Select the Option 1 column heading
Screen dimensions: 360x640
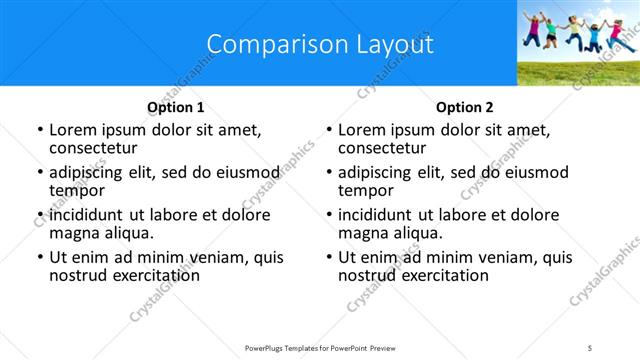(176, 107)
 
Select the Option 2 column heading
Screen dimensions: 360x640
(465, 107)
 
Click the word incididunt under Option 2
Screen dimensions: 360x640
(381, 214)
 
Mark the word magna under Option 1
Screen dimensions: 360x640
(73, 233)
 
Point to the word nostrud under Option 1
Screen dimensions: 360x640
(77, 275)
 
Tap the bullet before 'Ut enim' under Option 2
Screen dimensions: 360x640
(329, 257)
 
